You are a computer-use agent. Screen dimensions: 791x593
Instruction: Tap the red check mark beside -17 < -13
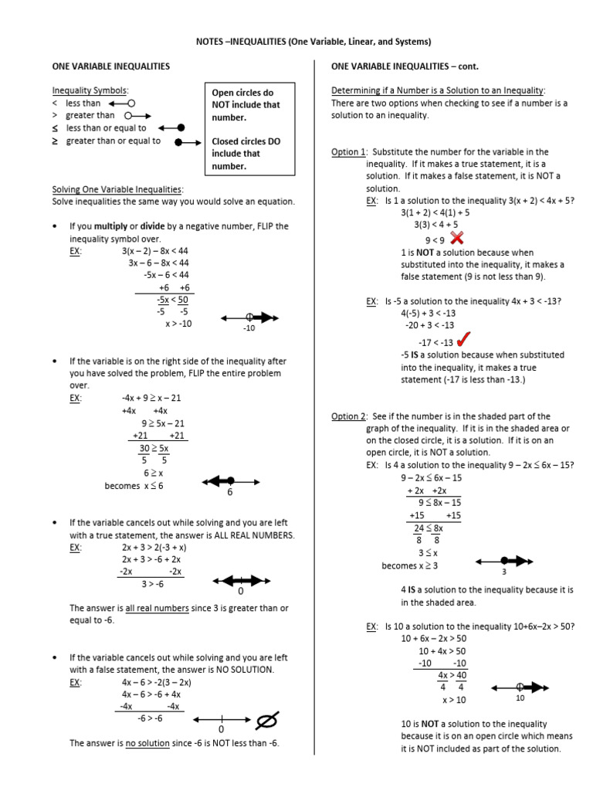pyautogui.click(x=465, y=340)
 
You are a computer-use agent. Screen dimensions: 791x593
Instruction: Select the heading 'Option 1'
pyautogui.click(x=348, y=152)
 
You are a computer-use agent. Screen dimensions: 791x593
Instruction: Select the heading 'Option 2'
pyautogui.click(x=348, y=416)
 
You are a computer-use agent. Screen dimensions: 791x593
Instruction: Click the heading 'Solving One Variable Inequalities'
pyautogui.click(x=117, y=189)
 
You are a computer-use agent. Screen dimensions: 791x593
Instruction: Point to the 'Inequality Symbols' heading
pyautogui.click(x=90, y=90)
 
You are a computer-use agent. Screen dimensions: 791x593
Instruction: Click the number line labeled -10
pyautogui.click(x=249, y=317)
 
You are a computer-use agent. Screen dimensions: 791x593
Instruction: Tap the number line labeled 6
pyautogui.click(x=229, y=481)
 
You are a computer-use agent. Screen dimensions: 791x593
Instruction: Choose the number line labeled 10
pyautogui.click(x=520, y=686)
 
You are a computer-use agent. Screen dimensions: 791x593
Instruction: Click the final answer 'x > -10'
pyautogui.click(x=178, y=324)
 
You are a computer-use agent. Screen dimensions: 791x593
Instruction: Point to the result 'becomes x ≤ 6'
pyautogui.click(x=134, y=486)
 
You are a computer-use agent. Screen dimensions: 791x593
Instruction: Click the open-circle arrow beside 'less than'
pyautogui.click(x=122, y=103)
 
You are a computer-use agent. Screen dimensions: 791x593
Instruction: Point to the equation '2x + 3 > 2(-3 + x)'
pyautogui.click(x=154, y=547)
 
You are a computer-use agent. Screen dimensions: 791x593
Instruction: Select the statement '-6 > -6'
pyautogui.click(x=150, y=718)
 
